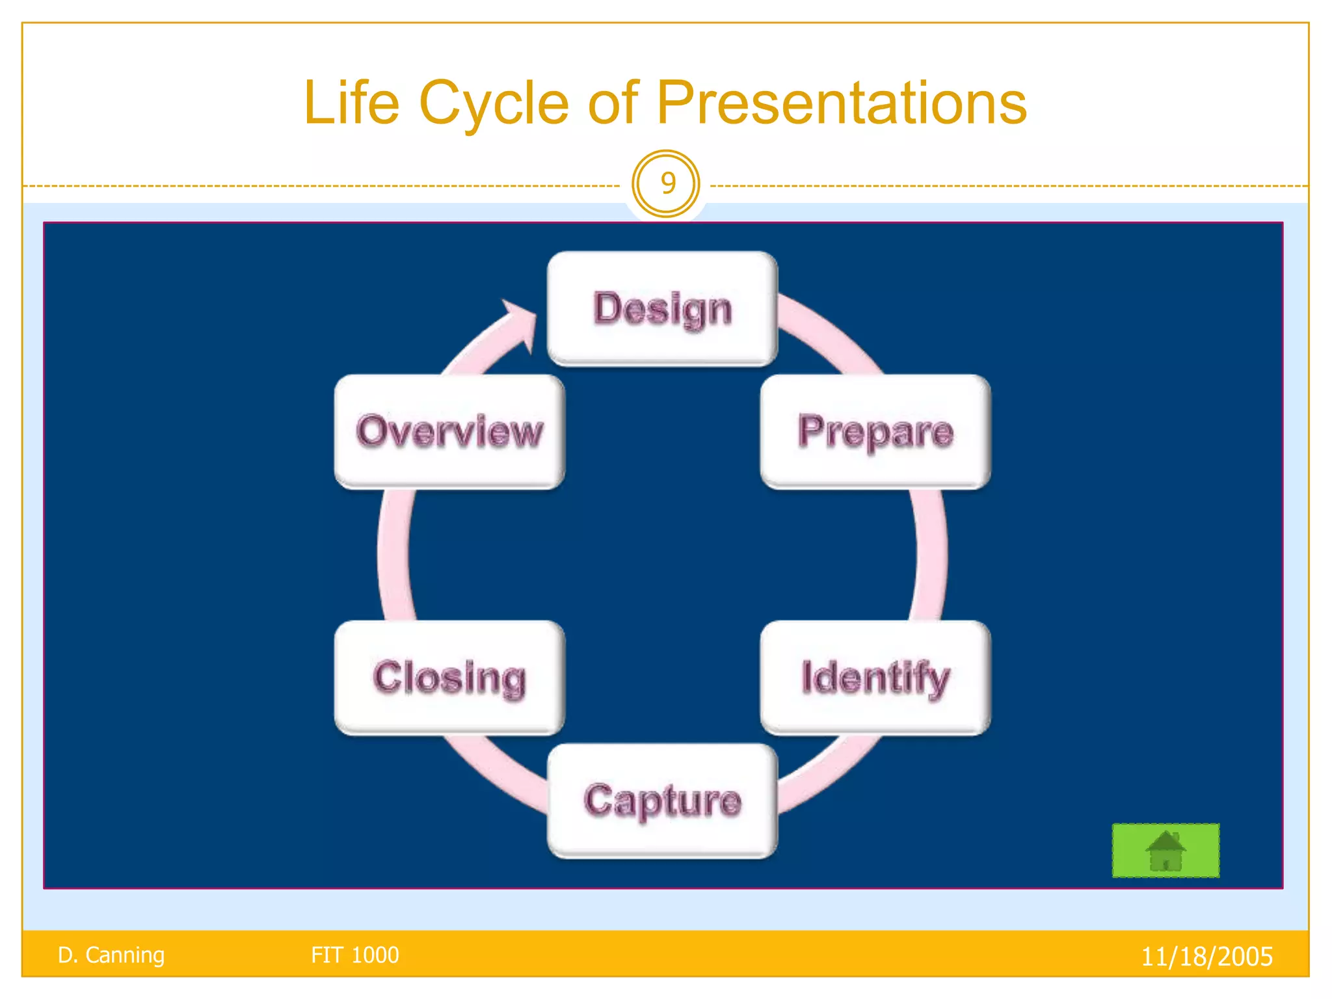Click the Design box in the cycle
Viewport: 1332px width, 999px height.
pos(662,308)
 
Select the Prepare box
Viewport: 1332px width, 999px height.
pos(875,431)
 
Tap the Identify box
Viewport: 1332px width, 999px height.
pos(875,677)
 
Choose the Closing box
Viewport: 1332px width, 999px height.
pos(449,677)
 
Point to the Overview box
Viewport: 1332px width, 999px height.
pos(449,431)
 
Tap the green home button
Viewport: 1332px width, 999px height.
pos(1165,850)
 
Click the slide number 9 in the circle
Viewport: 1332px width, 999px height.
pos(666,183)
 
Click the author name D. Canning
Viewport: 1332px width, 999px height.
pos(111,955)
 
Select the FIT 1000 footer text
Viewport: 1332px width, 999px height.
pos(354,955)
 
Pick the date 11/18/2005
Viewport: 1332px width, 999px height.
pos(1206,956)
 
